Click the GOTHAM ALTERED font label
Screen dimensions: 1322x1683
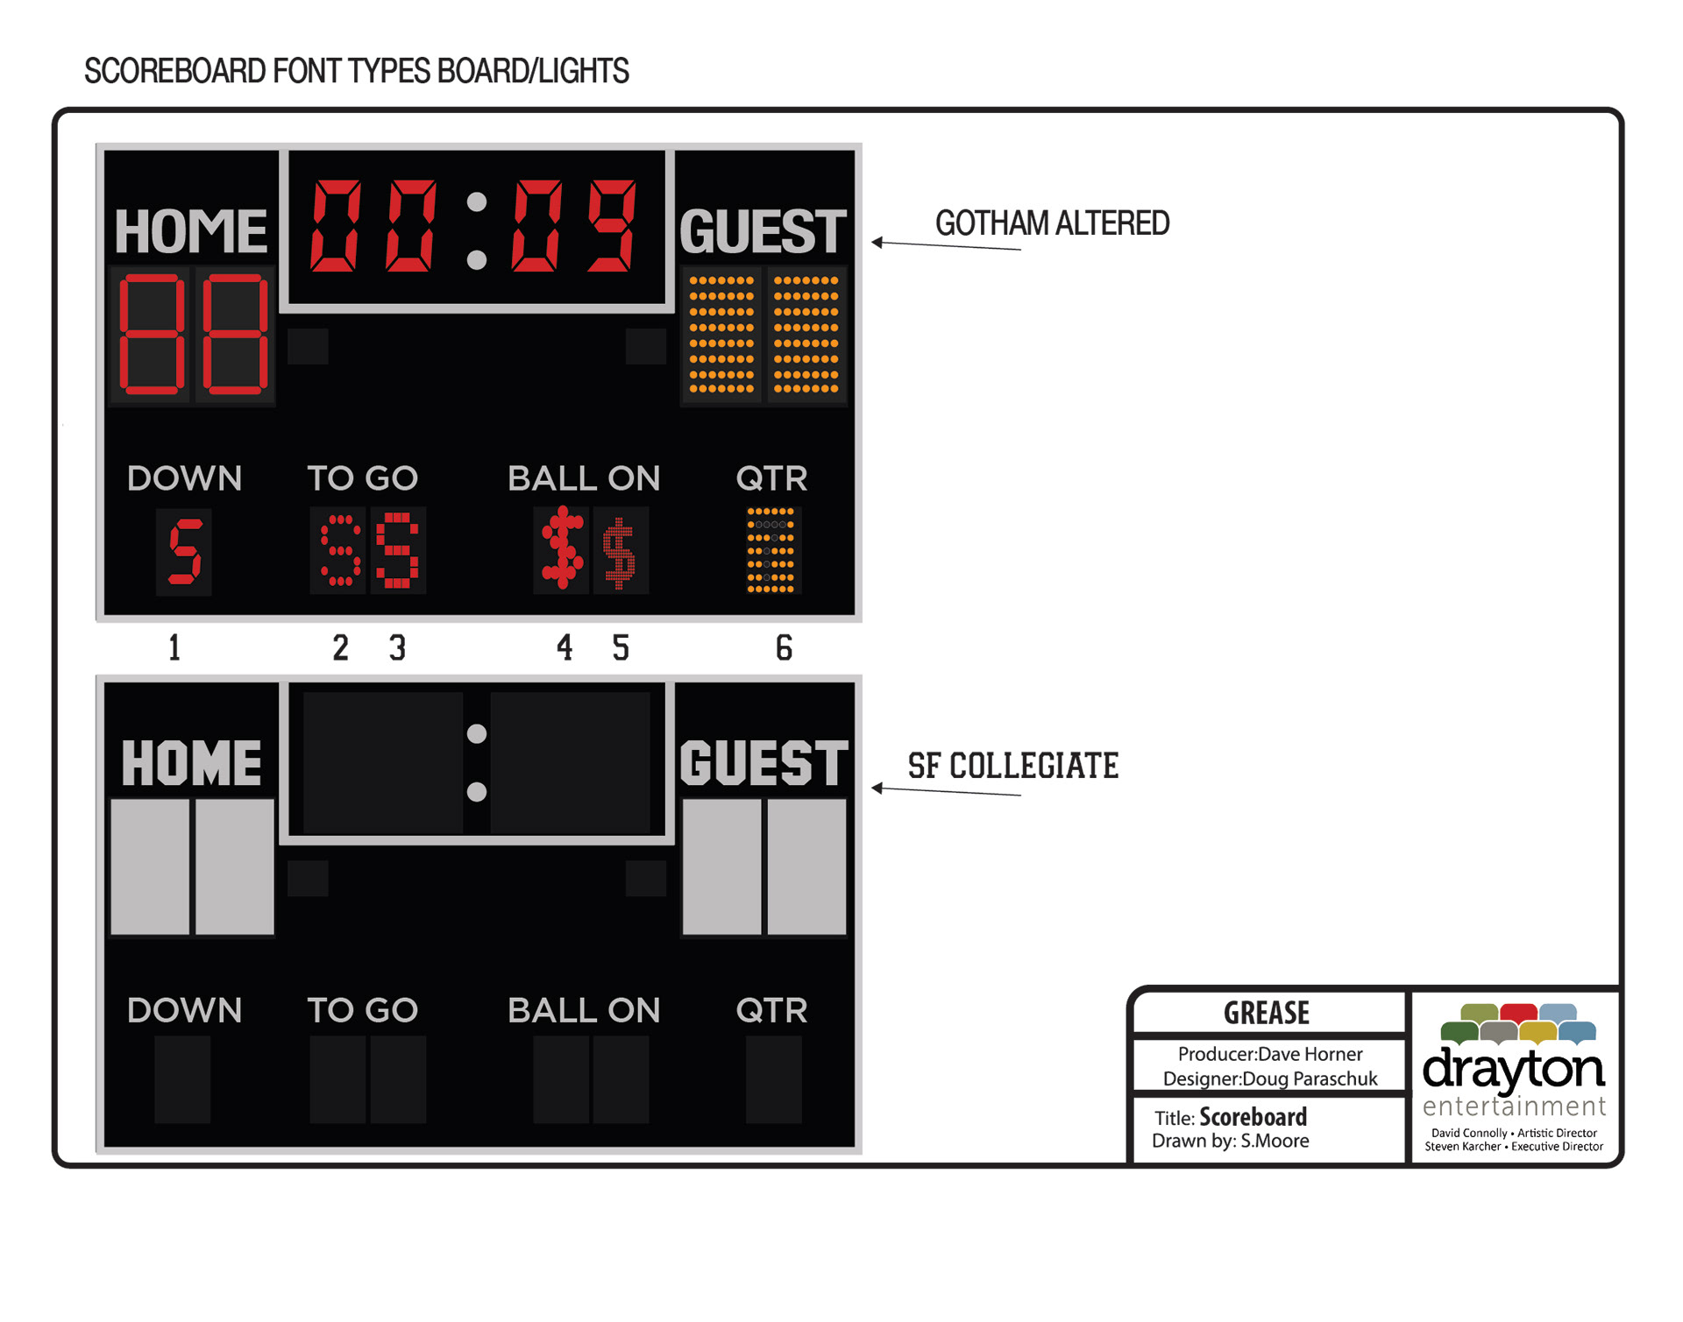click(x=1052, y=223)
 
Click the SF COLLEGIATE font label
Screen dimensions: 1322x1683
click(x=1012, y=766)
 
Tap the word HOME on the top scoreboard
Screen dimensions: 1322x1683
click(x=190, y=231)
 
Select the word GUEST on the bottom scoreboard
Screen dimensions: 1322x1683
click(x=763, y=763)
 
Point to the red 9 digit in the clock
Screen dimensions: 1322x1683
click(x=613, y=225)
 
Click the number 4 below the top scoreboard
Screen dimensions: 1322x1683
click(x=565, y=647)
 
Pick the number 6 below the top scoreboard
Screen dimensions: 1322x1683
click(x=784, y=647)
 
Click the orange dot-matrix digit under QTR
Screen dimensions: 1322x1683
click(x=770, y=550)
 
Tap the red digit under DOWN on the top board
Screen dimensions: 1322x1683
click(x=185, y=551)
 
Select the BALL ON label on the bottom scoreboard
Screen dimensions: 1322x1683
click(x=584, y=1010)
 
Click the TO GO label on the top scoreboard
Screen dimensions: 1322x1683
click(x=362, y=478)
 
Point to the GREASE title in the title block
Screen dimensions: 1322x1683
click(x=1267, y=1013)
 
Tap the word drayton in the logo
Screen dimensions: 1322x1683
click(x=1513, y=1068)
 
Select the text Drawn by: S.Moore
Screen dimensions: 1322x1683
click(x=1230, y=1141)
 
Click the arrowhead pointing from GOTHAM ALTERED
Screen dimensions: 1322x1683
click(x=877, y=243)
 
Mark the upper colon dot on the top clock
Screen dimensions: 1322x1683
click(x=477, y=202)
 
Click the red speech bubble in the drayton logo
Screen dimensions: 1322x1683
click(x=1518, y=1013)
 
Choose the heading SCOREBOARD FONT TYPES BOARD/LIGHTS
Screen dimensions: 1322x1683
click(x=356, y=71)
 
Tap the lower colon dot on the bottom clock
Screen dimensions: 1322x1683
click(x=477, y=792)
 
